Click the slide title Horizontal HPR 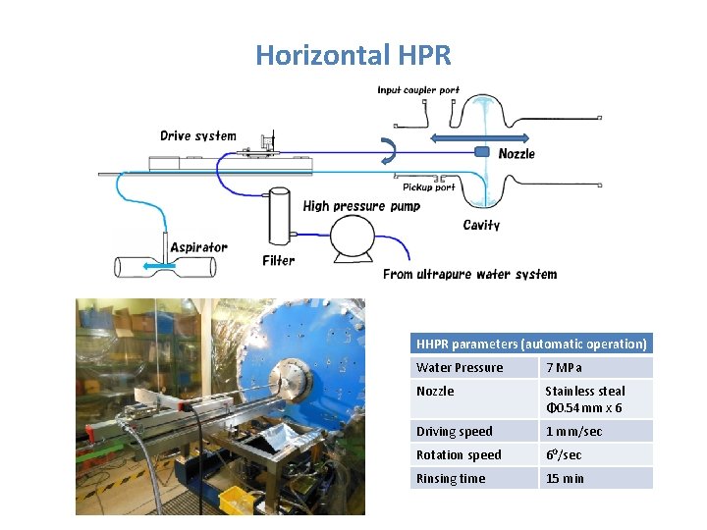(x=353, y=55)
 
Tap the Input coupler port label (x=418, y=90)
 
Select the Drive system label (x=198, y=135)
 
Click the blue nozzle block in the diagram (x=482, y=152)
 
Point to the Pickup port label (x=429, y=187)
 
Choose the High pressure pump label (x=361, y=206)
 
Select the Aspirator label (x=198, y=247)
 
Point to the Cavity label (x=481, y=226)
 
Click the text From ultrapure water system (x=469, y=274)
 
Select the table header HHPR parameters (x=531, y=344)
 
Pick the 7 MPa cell (x=564, y=368)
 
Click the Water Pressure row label (x=460, y=368)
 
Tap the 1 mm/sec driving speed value (x=573, y=432)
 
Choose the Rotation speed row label (x=459, y=455)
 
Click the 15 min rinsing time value (x=565, y=479)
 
